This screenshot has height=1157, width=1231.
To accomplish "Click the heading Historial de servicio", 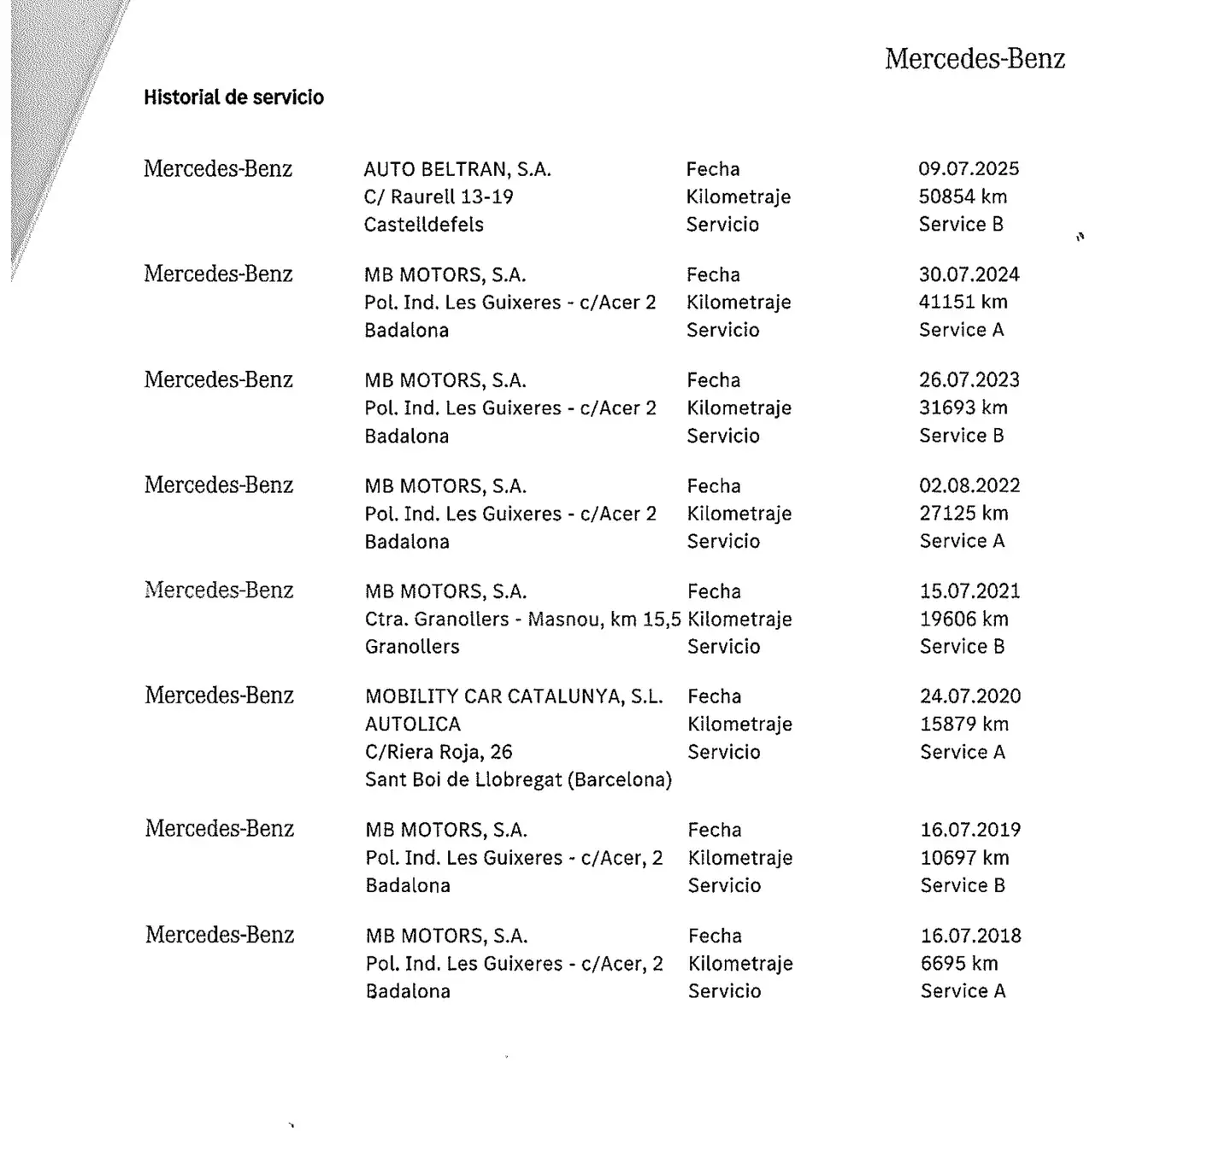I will (233, 97).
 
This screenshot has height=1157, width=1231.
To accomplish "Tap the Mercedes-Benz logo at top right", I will (975, 59).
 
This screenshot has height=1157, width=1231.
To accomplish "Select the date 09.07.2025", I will (969, 169).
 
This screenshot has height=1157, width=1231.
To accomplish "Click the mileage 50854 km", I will (963, 197).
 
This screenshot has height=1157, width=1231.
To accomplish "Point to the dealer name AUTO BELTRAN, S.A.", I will (457, 169).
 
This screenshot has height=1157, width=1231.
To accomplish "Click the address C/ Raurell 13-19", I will (439, 197).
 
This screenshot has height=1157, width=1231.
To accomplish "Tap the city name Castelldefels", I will (424, 225).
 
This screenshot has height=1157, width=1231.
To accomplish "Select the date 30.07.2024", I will (969, 275).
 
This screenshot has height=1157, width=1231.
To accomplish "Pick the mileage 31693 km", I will (963, 408).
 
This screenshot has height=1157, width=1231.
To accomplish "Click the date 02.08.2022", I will (969, 486).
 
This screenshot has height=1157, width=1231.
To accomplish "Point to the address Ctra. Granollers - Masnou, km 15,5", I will (522, 620).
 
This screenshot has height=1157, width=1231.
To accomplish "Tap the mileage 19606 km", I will (964, 620).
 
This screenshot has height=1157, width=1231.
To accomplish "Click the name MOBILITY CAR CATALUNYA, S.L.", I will (514, 696).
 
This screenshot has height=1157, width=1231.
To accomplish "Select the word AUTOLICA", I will (413, 725).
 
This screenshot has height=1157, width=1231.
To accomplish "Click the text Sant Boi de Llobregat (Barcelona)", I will (518, 780).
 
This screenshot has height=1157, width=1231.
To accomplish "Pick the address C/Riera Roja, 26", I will (439, 752).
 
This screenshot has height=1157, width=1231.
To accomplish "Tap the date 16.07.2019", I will (970, 830).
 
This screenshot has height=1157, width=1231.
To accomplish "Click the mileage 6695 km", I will (959, 964).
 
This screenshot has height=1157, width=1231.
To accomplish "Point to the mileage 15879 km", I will (964, 725).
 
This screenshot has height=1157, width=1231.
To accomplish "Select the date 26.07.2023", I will (969, 380).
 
